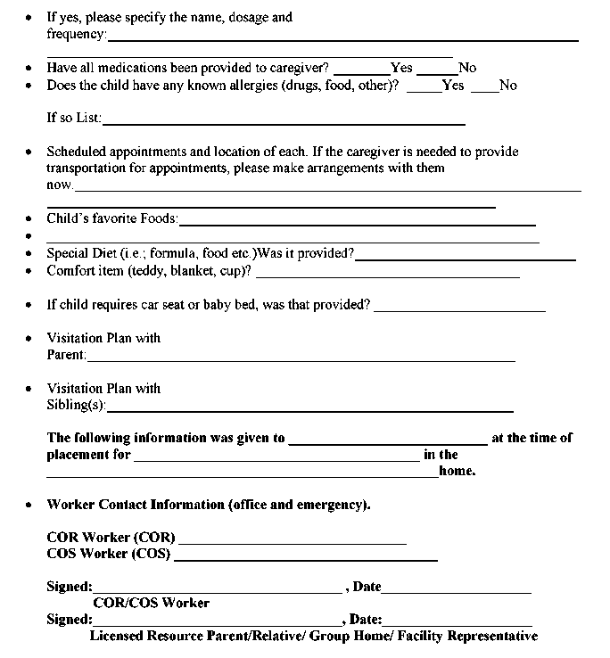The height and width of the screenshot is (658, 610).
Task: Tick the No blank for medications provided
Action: click(x=437, y=71)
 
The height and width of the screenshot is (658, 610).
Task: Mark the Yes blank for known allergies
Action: click(x=425, y=89)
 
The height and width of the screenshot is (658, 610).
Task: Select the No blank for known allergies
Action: click(x=484, y=89)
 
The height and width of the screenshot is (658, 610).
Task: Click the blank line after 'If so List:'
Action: click(x=284, y=122)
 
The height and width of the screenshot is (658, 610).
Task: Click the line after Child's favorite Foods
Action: click(x=357, y=224)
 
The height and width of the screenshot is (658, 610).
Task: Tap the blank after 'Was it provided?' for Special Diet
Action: click(x=465, y=259)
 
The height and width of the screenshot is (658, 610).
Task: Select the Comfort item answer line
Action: click(x=387, y=276)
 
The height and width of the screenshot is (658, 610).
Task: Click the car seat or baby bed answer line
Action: click(x=459, y=309)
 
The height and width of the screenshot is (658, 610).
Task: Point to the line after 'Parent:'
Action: click(x=301, y=359)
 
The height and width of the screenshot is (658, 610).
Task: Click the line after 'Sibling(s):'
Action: click(x=309, y=410)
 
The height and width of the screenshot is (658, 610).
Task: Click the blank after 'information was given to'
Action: click(x=388, y=442)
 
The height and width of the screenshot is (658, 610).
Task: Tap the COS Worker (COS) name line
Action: click(x=305, y=559)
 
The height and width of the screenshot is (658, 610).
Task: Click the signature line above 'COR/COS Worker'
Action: click(x=217, y=591)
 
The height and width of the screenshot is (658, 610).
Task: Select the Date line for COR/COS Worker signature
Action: click(x=456, y=591)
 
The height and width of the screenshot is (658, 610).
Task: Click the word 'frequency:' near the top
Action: click(x=76, y=35)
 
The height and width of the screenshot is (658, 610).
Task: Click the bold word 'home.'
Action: click(x=457, y=472)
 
